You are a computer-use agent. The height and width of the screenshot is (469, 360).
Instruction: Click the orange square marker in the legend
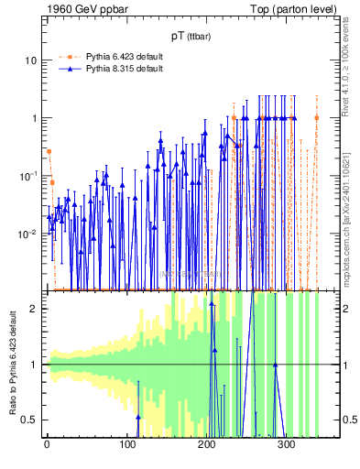click(x=72, y=56)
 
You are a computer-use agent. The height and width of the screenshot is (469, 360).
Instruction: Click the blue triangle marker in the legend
click(x=72, y=69)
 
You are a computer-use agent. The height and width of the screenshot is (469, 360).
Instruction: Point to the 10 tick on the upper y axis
click(x=30, y=60)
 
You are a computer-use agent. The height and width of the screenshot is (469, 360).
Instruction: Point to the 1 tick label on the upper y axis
click(x=33, y=118)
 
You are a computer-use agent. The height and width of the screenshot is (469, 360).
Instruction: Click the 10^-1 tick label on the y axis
click(x=28, y=175)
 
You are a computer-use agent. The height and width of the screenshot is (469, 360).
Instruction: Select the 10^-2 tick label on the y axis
click(x=28, y=233)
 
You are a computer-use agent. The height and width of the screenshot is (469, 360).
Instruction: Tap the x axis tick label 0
click(x=47, y=446)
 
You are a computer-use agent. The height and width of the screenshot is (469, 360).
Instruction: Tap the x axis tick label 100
click(x=126, y=446)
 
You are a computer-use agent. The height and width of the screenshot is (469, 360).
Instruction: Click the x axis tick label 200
click(x=207, y=446)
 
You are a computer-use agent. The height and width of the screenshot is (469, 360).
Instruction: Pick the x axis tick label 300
click(x=287, y=446)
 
